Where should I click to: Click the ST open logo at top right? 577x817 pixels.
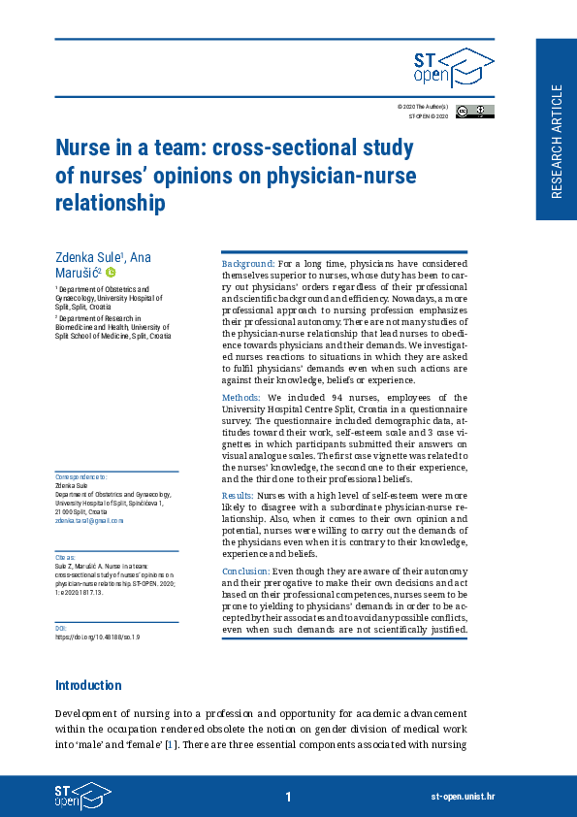pos(453,69)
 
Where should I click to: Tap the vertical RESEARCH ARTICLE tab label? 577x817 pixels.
pos(556,141)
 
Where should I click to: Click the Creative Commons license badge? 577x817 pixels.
pos(474,111)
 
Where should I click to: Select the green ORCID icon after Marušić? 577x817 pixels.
pos(111,273)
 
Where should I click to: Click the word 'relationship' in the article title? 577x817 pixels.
pos(110,203)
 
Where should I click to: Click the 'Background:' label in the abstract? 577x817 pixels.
pos(249,264)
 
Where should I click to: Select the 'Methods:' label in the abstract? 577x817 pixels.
pos(240,398)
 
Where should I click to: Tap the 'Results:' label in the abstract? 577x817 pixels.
pos(239,495)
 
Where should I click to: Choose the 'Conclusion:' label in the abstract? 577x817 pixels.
pos(245,572)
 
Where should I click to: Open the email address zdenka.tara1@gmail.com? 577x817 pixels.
pos(89,521)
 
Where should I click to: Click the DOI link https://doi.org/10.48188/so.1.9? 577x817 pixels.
pos(98,637)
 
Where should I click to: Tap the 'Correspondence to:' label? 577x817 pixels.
pos(80,477)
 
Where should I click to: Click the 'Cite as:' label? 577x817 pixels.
pos(65,558)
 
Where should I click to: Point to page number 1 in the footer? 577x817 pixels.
pos(288,797)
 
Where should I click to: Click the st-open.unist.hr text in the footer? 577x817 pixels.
pos(463,797)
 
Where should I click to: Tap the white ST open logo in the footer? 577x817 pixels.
pos(81,796)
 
